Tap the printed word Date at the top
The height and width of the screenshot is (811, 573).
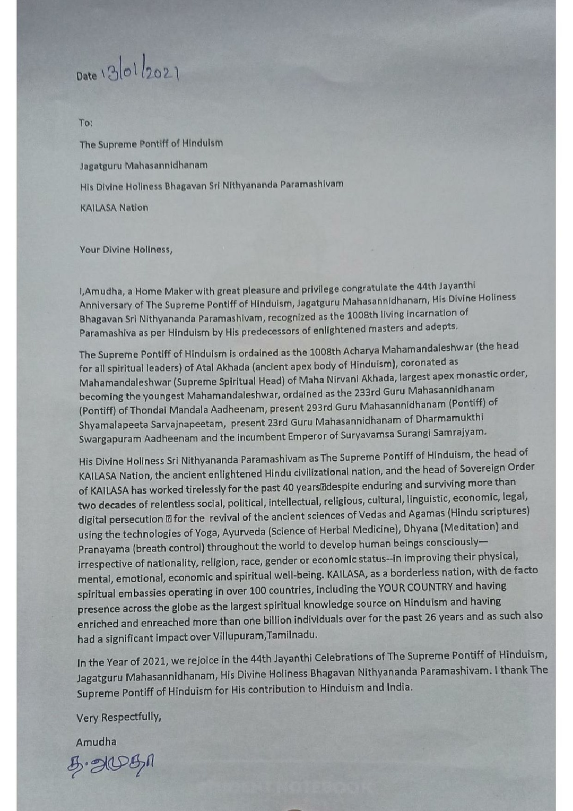point(86,76)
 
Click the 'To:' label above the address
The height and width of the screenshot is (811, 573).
point(85,123)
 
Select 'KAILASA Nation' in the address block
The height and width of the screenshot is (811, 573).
point(114,208)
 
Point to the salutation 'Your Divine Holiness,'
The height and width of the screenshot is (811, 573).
point(126,249)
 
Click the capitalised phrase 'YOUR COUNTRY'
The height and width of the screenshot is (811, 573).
point(415,587)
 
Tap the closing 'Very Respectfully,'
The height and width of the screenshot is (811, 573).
point(119,718)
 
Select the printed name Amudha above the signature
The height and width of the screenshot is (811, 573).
point(96,742)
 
